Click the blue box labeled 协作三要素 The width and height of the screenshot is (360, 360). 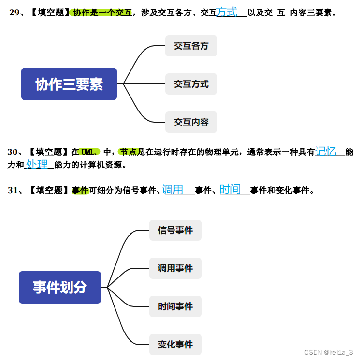[69, 84]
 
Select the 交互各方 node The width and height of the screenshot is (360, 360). [191, 46]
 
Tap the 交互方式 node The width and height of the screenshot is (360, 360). [191, 84]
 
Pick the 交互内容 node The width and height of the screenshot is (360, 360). [191, 122]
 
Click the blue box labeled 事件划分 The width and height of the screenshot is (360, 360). [60, 287]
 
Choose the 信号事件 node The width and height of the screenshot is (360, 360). [175, 230]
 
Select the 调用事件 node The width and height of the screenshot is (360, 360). [175, 268]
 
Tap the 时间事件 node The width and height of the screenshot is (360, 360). [175, 306]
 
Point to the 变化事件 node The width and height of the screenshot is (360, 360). [175, 345]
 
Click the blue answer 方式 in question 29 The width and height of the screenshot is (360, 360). [227, 12]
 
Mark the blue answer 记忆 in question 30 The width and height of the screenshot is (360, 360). [326, 151]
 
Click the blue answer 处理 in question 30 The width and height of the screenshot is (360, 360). [37, 164]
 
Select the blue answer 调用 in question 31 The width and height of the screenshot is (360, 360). [173, 189]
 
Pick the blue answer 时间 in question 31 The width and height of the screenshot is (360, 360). [230, 189]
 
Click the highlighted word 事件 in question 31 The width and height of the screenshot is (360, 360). [80, 190]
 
